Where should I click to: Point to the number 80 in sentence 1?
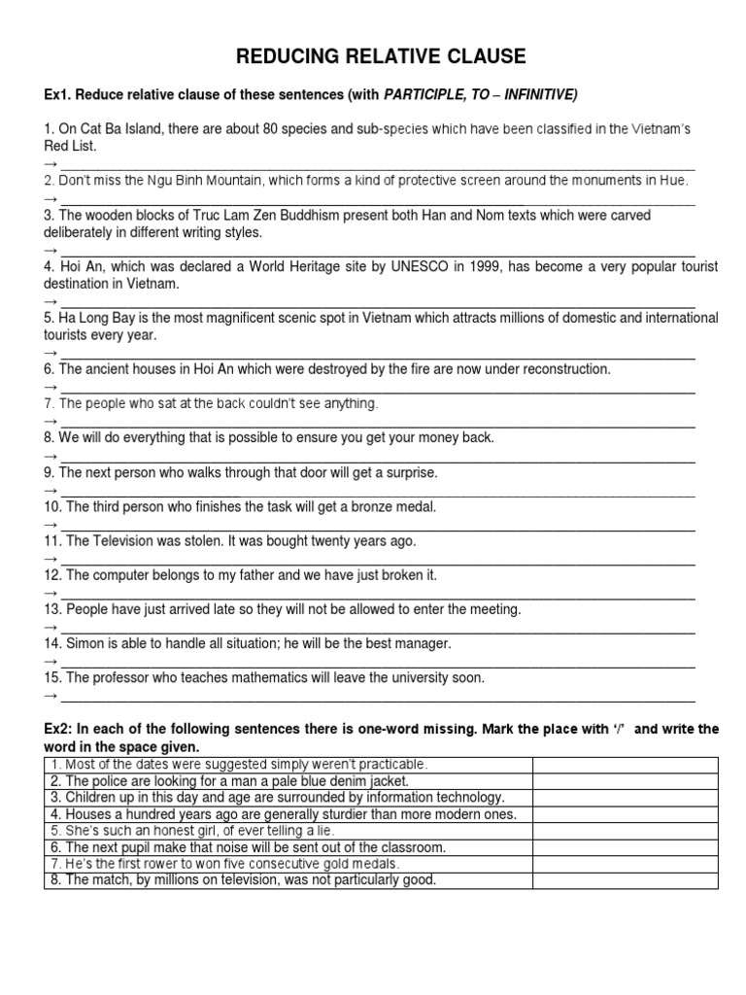(x=255, y=129)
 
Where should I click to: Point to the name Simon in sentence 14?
(x=85, y=643)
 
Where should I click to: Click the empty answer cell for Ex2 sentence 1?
(x=625, y=765)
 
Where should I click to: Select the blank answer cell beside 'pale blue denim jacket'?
(x=625, y=781)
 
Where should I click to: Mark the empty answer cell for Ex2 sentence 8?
(x=625, y=880)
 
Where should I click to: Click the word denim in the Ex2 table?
(x=329, y=781)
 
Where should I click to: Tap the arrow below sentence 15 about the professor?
(x=51, y=697)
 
